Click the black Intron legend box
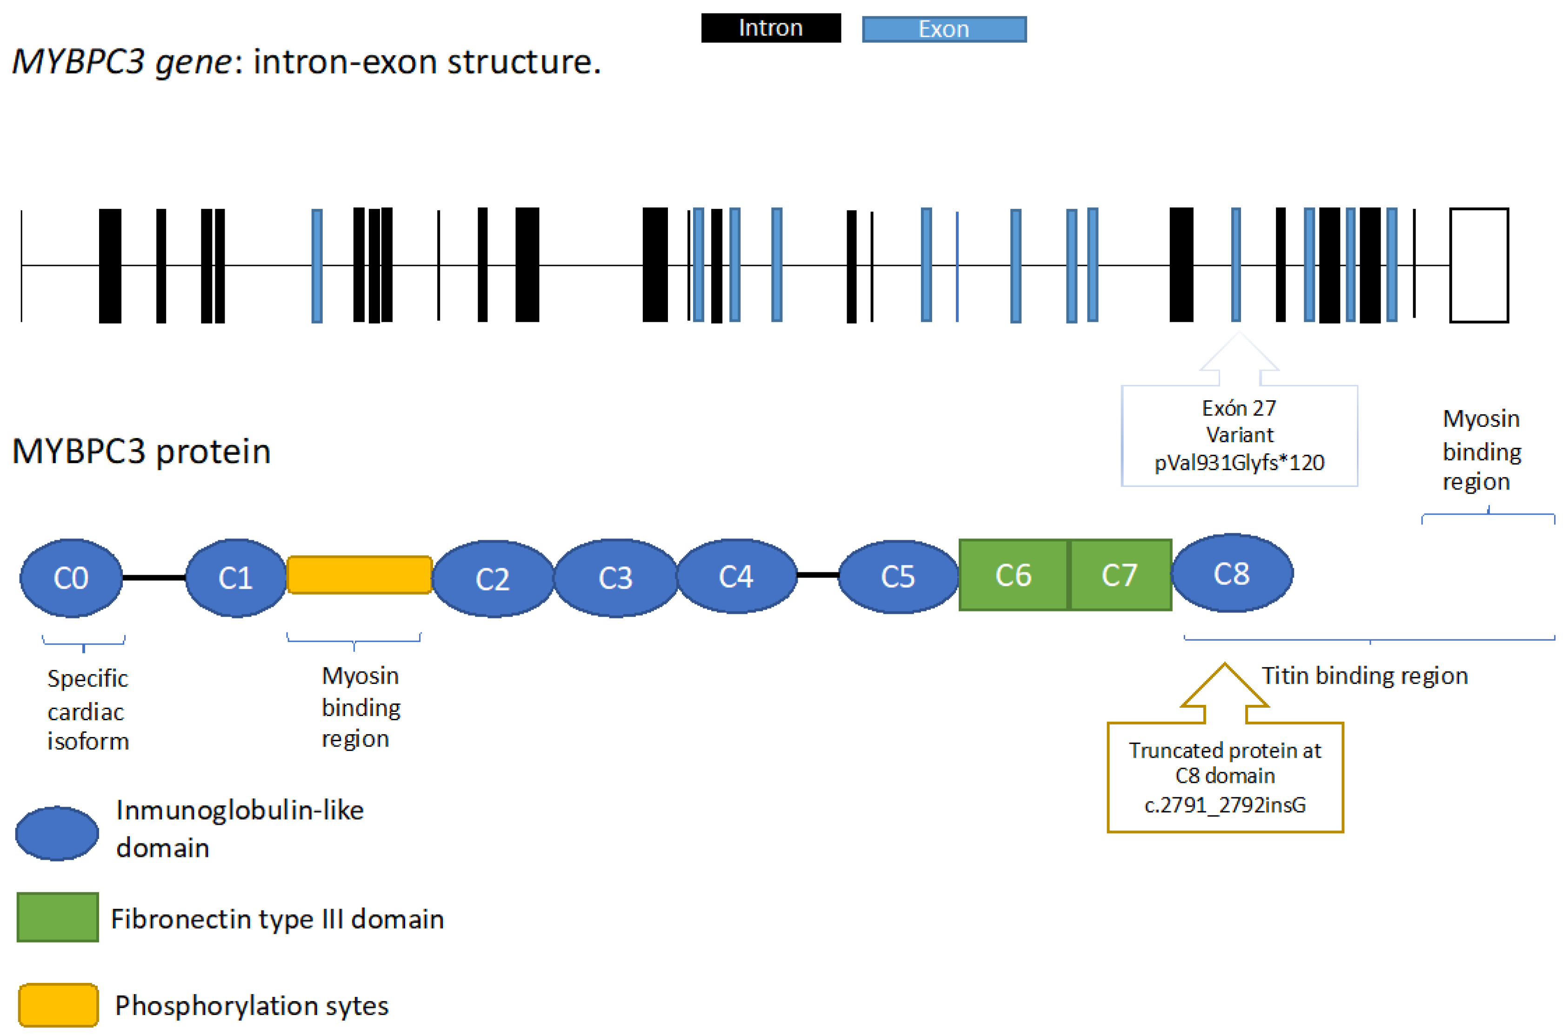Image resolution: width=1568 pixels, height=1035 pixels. (x=770, y=28)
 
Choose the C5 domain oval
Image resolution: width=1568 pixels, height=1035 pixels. (x=897, y=576)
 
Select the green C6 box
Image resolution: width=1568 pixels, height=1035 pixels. (x=1013, y=575)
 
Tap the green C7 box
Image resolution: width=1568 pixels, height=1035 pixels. (x=1120, y=575)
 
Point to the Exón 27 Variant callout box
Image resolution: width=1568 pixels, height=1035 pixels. (x=1239, y=435)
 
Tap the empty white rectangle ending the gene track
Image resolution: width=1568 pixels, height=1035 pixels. (x=1478, y=265)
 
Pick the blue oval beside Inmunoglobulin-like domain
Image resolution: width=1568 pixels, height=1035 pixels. (x=57, y=833)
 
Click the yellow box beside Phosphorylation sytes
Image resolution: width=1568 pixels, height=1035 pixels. (x=58, y=1005)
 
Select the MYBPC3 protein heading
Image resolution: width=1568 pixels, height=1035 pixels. (x=141, y=451)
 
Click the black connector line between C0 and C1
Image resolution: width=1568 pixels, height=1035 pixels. (x=154, y=577)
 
